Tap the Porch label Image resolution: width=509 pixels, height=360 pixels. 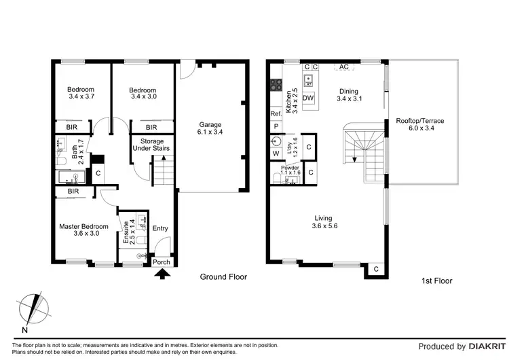click(162, 262)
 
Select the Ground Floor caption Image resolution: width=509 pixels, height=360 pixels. click(223, 277)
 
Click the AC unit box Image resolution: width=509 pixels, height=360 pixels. click(343, 67)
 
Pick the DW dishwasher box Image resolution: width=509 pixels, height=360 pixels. click(308, 98)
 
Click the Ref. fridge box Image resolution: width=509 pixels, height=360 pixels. click(276, 114)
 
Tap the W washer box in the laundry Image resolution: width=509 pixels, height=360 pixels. click(276, 154)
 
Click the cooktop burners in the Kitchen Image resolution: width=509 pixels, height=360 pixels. click(276, 86)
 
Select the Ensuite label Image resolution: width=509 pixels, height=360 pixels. click(126, 232)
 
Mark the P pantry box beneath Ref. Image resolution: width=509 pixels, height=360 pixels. click(276, 126)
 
